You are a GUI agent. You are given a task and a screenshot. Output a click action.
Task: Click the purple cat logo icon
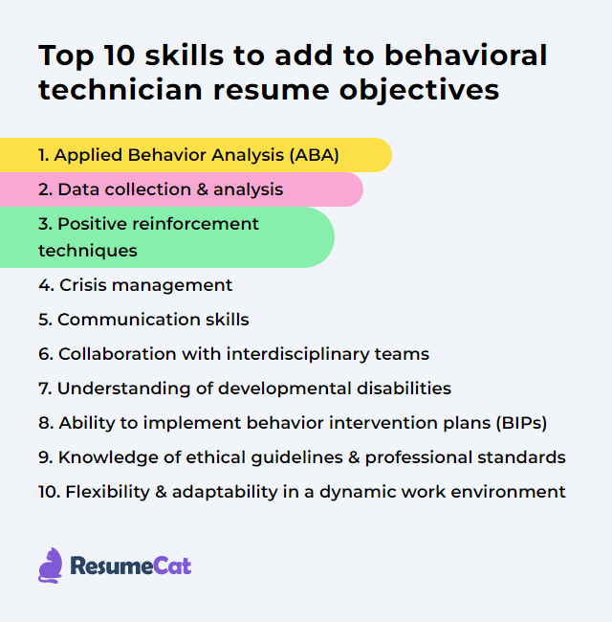point(51,566)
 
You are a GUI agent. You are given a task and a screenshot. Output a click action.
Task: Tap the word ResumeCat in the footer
point(131,566)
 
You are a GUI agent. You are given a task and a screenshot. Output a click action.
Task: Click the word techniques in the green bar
point(88,251)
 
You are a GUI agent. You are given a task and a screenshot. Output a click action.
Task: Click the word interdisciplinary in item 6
point(292,354)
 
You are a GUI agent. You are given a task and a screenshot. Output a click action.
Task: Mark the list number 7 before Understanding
point(44,389)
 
